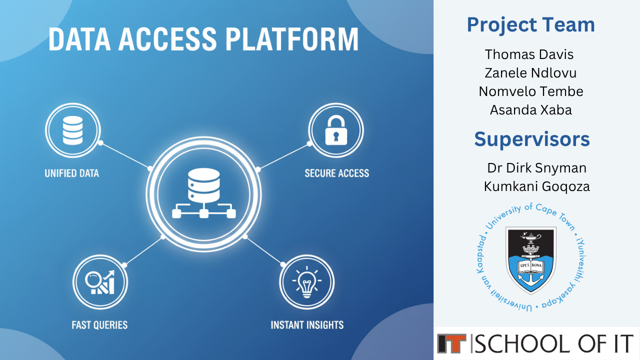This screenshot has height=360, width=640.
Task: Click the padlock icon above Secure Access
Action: coord(336,130)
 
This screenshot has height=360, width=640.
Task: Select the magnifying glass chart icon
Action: coord(99,282)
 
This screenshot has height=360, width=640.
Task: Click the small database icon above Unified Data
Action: coord(73,130)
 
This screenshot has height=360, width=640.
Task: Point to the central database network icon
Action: coord(203,193)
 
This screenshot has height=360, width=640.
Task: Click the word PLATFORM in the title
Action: coord(292,39)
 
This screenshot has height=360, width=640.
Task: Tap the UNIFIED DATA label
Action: coord(71,173)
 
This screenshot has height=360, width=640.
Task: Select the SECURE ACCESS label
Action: coord(337,173)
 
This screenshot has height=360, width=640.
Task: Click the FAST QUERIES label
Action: coord(99,325)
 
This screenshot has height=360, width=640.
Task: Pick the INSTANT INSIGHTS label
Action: coord(307,325)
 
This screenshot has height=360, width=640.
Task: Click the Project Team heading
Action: coord(531,25)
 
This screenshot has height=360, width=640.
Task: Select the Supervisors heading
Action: coord(532,139)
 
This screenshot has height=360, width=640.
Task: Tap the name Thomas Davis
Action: coord(529,54)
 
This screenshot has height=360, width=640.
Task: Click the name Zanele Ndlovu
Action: coord(530,73)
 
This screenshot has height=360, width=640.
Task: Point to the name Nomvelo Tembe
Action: coord(531,91)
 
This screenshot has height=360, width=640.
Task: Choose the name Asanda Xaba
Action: coord(531,110)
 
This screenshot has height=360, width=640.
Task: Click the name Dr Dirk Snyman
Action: coord(536,168)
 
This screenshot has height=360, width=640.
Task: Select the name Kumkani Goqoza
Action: coord(536,186)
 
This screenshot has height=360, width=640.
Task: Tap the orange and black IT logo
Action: coord(451,343)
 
